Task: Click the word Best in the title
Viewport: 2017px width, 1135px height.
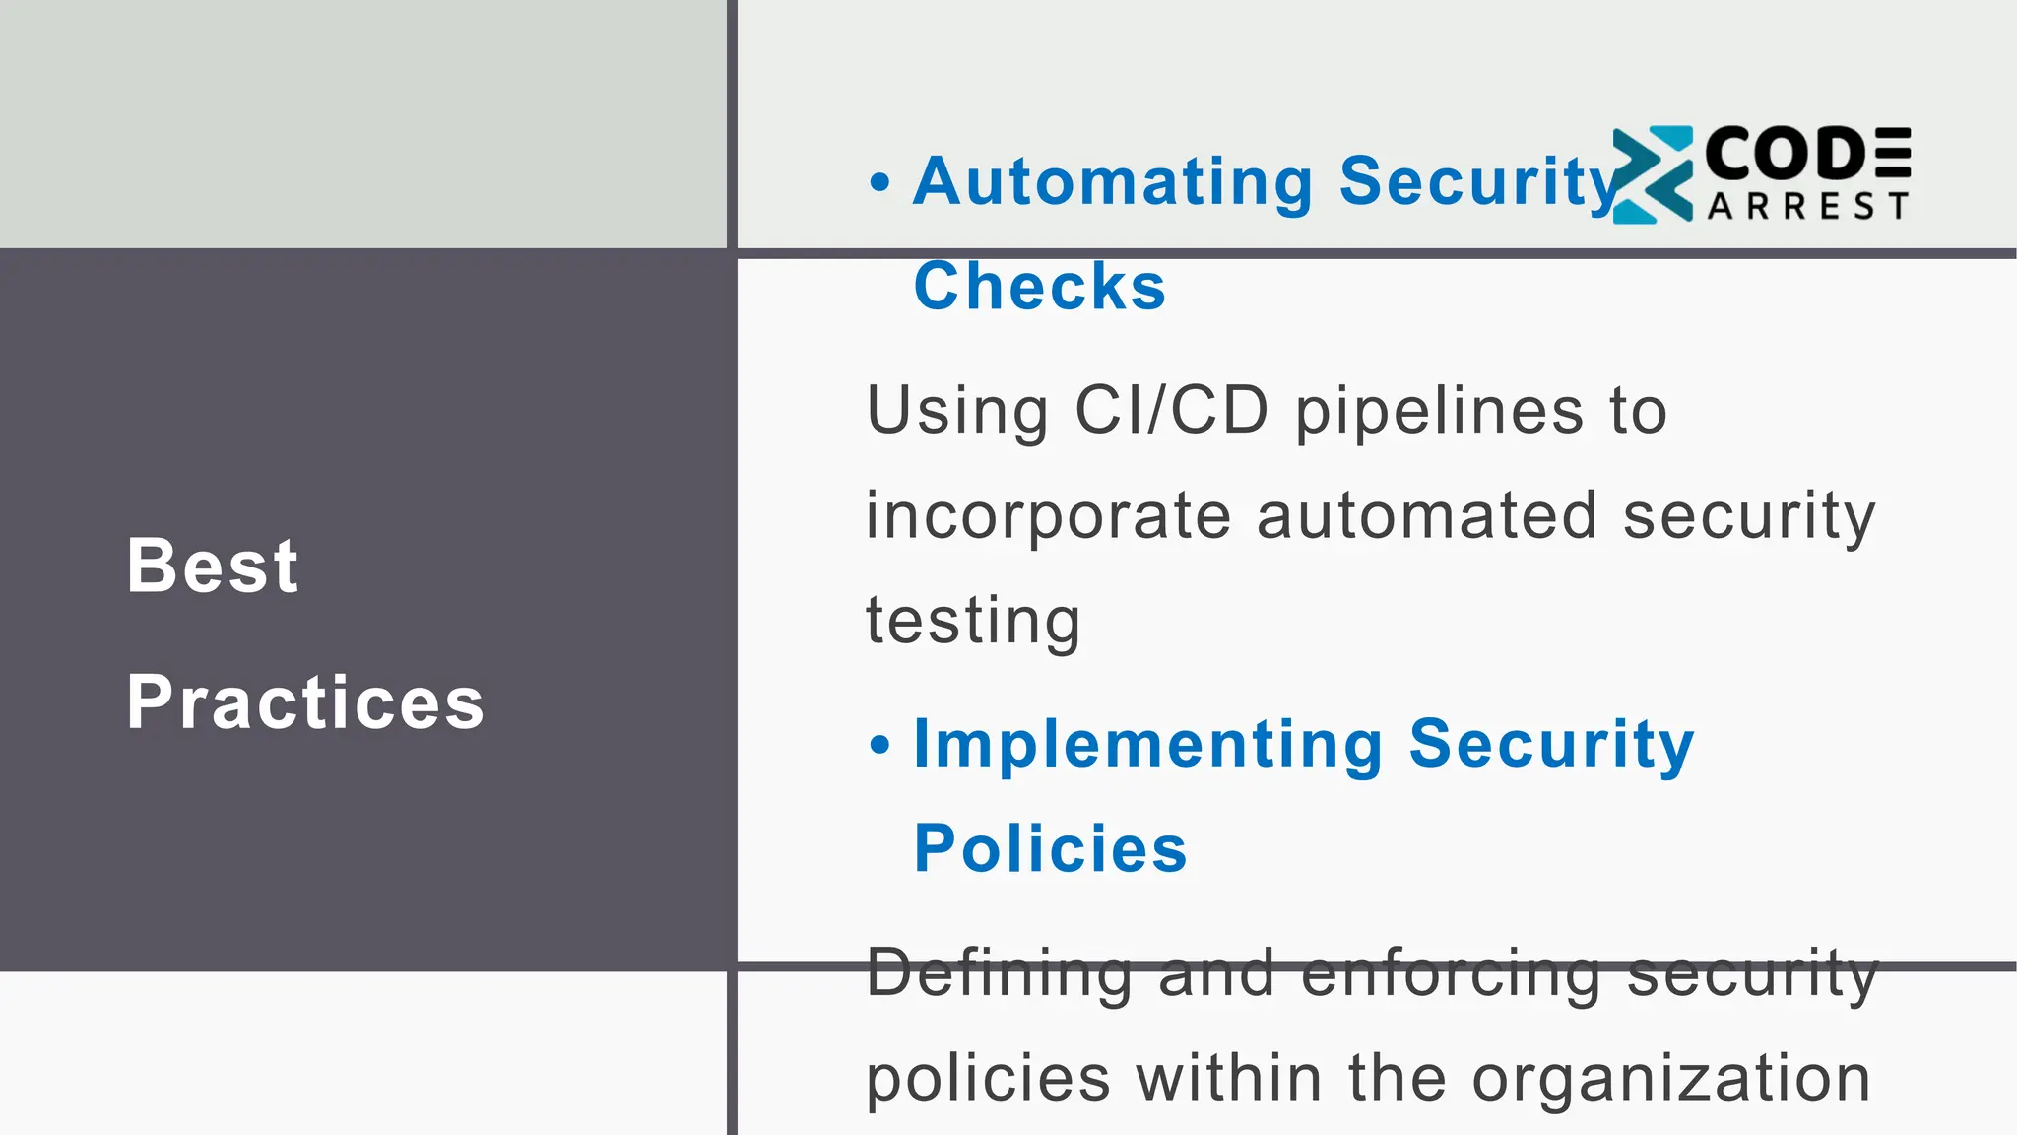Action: pyautogui.click(x=213, y=567)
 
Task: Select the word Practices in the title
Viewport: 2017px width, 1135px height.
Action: pyautogui.click(x=305, y=702)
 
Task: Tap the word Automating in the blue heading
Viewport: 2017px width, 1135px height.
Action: pyautogui.click(x=1113, y=182)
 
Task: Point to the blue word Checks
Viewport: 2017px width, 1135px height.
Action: pyautogui.click(x=1040, y=287)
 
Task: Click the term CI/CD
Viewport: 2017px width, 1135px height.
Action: pyautogui.click(x=1171, y=410)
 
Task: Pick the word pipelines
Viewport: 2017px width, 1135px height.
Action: pyautogui.click(x=1439, y=412)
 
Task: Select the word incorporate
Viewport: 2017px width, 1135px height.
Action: pyautogui.click(x=1049, y=517)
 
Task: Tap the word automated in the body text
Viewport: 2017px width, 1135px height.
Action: pyautogui.click(x=1426, y=516)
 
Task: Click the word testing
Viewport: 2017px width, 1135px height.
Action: pyautogui.click(x=973, y=623)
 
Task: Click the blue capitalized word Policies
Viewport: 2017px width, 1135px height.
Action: pyautogui.click(x=1051, y=848)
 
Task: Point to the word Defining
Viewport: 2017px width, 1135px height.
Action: pyautogui.click(x=1000, y=973)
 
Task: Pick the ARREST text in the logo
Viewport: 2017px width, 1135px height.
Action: pyautogui.click(x=1808, y=206)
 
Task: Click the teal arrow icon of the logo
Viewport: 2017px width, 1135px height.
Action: pyautogui.click(x=1653, y=174)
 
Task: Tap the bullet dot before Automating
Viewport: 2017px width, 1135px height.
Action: pyautogui.click(x=879, y=182)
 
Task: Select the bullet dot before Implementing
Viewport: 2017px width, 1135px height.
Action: pyautogui.click(x=879, y=745)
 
